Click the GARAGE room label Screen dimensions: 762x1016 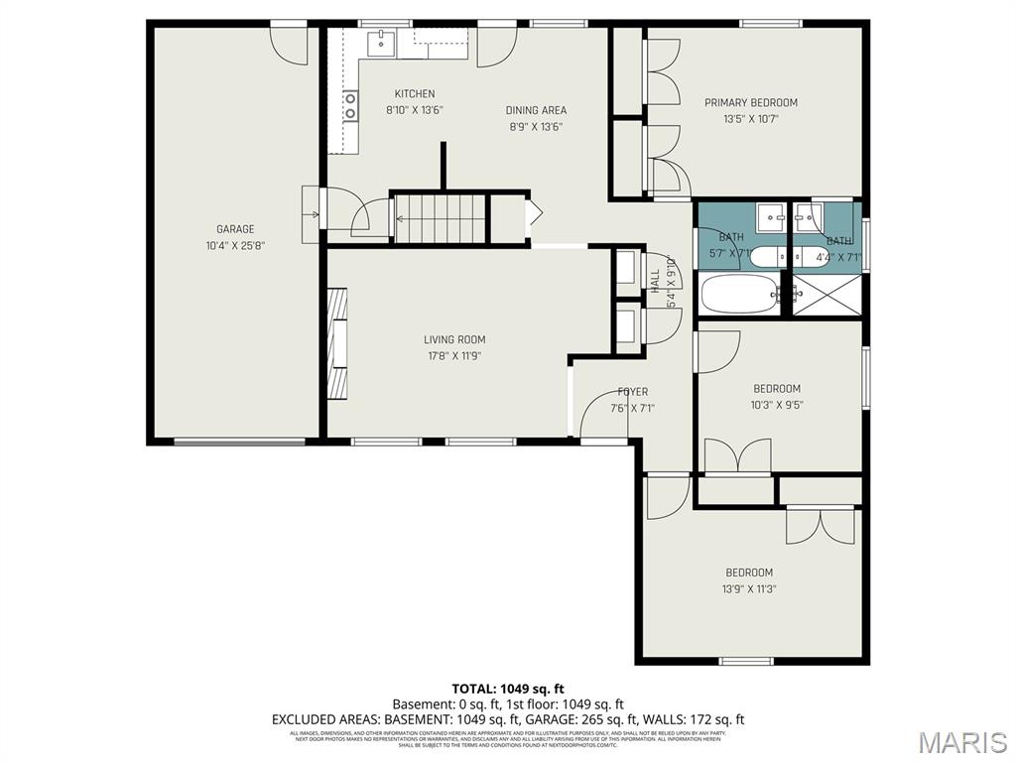235,229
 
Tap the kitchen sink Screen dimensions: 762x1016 380,43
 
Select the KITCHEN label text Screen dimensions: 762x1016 414,94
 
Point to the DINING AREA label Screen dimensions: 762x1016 536,110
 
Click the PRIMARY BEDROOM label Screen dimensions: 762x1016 750,102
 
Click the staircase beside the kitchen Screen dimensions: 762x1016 439,217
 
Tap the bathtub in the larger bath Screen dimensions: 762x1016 739,294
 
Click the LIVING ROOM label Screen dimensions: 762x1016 454,340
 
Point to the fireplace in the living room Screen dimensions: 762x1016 338,343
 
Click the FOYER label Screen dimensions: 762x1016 632,392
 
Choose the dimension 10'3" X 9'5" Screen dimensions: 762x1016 777,405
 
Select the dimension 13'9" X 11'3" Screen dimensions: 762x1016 749,588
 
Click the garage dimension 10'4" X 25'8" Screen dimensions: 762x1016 235,245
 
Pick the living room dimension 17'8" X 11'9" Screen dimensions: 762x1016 454,356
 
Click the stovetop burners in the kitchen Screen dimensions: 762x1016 350,106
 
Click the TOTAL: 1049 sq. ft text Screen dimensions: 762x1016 507,689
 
